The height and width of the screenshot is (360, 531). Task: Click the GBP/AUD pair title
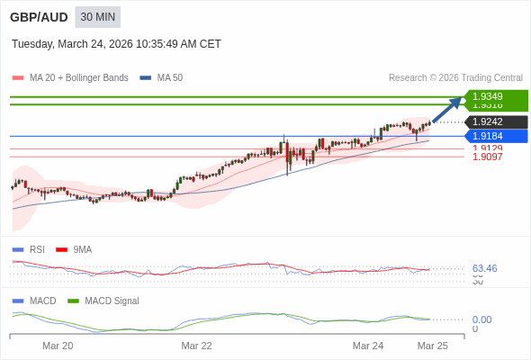pos(37,17)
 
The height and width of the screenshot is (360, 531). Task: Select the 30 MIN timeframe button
pos(97,17)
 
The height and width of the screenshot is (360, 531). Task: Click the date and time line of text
pos(116,44)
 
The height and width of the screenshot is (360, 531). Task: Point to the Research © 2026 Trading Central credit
pos(455,78)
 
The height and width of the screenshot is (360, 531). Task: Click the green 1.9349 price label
pos(496,96)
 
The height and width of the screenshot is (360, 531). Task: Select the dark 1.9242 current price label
pos(496,121)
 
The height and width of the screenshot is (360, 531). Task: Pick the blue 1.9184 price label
pos(496,136)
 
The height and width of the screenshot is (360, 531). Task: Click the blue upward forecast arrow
pos(447,110)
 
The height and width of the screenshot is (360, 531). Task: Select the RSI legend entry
pos(36,249)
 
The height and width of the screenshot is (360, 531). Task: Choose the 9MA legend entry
pos(82,249)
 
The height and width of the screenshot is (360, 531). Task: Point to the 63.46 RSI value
pos(484,268)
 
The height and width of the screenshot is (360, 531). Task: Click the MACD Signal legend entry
pos(112,301)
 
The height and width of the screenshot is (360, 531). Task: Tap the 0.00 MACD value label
pos(481,319)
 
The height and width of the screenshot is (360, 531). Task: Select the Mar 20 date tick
pos(58,346)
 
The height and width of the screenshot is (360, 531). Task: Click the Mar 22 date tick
pos(196,346)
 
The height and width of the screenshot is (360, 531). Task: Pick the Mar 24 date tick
pos(367,346)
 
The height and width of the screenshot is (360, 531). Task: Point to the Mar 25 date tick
pos(432,346)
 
